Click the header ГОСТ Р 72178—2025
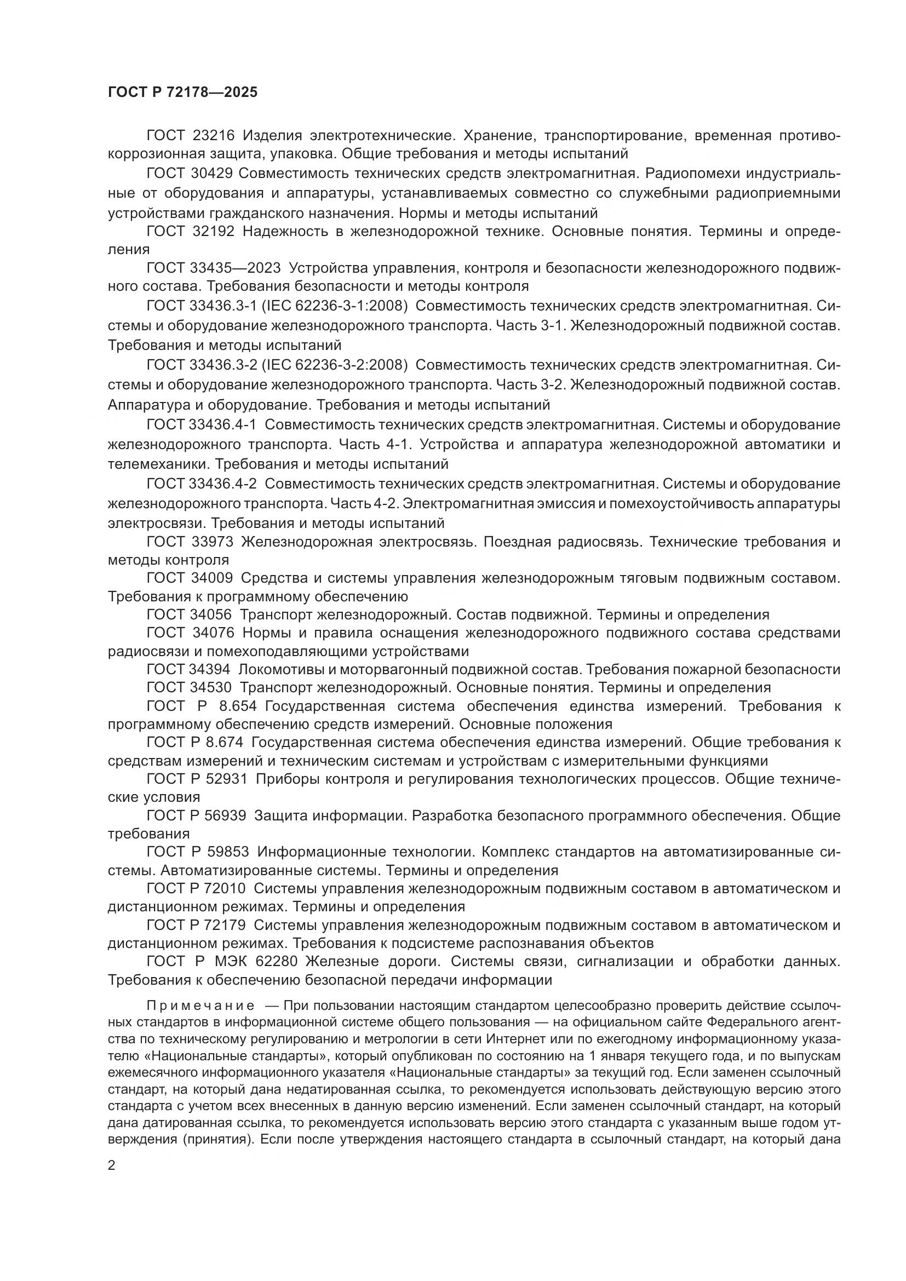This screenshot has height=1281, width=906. click(183, 93)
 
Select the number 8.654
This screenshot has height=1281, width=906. click(238, 706)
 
